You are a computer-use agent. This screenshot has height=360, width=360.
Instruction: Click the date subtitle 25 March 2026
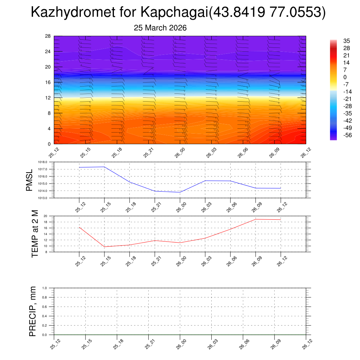point(160,28)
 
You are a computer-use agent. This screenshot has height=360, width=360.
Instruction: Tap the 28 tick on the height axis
point(48,36)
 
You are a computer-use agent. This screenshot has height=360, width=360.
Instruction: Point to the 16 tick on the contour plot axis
point(48,82)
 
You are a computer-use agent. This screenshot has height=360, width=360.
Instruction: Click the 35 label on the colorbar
point(347,41)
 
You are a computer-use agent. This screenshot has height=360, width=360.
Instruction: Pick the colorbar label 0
point(345,77)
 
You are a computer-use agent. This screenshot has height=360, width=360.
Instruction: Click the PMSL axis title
point(30,180)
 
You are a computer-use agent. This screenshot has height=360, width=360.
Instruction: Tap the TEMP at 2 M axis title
point(34,234)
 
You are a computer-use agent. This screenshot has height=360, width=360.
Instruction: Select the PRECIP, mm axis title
point(33,311)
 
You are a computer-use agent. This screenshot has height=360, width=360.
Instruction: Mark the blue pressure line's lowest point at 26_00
point(180,192)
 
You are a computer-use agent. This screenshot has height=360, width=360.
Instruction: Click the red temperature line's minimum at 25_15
point(104,247)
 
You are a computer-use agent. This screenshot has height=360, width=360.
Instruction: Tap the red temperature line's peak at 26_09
point(256,219)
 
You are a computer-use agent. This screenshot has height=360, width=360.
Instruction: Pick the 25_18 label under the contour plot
point(117,153)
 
